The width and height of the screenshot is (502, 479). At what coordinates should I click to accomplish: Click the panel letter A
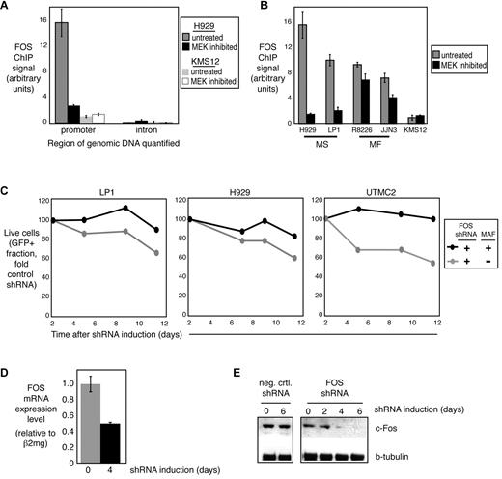[x=8, y=9]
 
